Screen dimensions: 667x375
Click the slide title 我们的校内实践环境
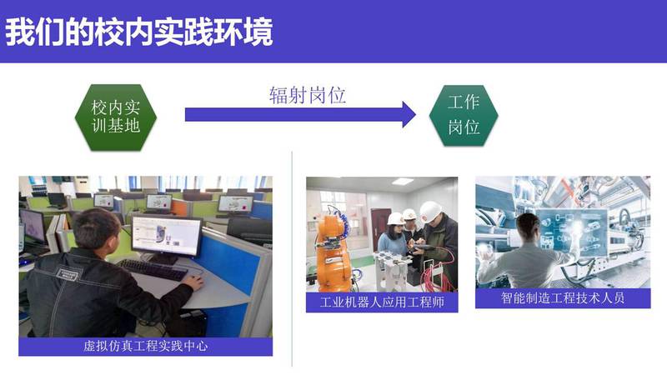pyautogui.click(x=139, y=32)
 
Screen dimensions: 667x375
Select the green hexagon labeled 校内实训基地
pyautogui.click(x=116, y=117)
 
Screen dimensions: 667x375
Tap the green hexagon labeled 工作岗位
pyautogui.click(x=464, y=115)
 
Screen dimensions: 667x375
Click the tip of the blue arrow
pyautogui.click(x=415, y=114)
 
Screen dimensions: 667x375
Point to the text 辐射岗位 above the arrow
pyautogui.click(x=307, y=95)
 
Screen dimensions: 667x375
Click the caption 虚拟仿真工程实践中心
pyautogui.click(x=145, y=346)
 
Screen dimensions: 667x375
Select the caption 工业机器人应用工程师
pyautogui.click(x=382, y=302)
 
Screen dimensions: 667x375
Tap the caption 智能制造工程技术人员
pyautogui.click(x=563, y=298)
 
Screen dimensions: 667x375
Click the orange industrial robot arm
pyautogui.click(x=334, y=251)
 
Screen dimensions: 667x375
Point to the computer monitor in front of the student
pyautogui.click(x=166, y=237)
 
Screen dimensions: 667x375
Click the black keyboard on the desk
pyautogui.click(x=153, y=269)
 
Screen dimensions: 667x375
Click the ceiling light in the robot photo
pyautogui.click(x=403, y=182)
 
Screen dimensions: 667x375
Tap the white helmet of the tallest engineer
pyautogui.click(x=430, y=212)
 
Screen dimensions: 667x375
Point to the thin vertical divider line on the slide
pyautogui.click(x=292, y=258)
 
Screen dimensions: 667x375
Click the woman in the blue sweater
pyautogui.click(x=393, y=247)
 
